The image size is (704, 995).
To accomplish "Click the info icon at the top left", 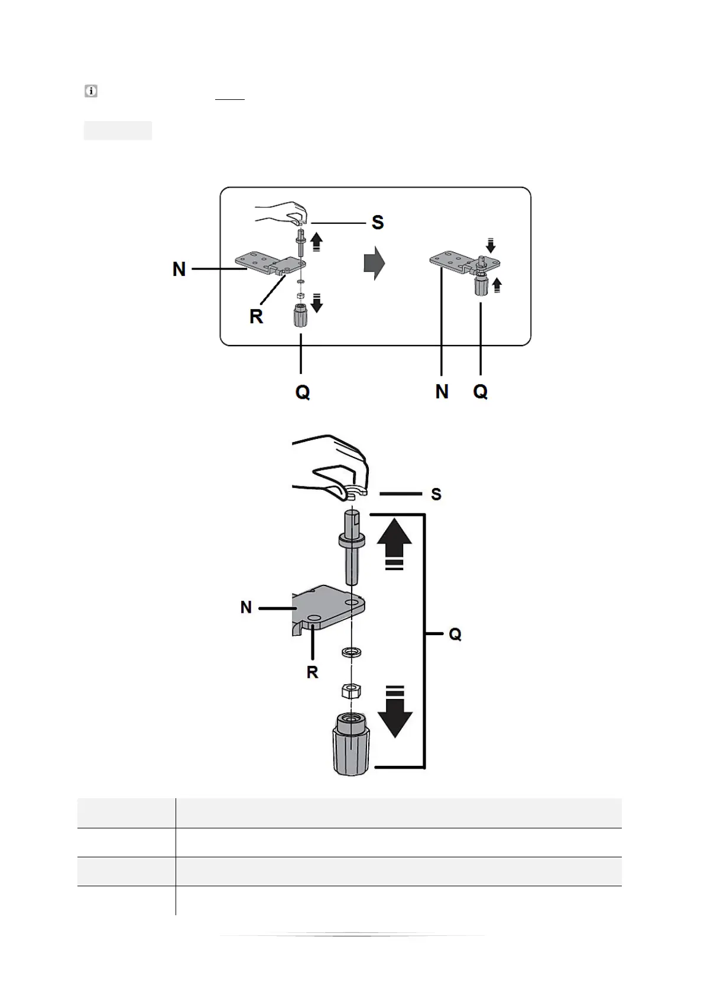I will click(x=91, y=92).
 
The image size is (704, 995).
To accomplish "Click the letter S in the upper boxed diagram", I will click(x=377, y=223).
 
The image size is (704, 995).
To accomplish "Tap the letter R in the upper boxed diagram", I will click(x=256, y=317).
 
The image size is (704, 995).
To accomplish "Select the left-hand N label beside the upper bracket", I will click(x=179, y=269).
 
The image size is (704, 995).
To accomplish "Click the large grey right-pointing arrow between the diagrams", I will click(x=374, y=263).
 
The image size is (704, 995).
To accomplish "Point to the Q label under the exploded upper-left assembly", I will click(x=302, y=392).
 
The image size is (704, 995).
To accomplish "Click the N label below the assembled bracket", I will click(x=442, y=391).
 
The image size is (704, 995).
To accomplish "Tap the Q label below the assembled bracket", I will click(x=481, y=391).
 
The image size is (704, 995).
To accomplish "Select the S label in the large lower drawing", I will click(x=436, y=494).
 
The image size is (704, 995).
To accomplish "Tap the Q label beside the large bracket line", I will click(x=455, y=635).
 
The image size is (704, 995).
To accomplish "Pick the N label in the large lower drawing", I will click(x=246, y=607).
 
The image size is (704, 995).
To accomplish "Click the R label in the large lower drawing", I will click(x=312, y=672).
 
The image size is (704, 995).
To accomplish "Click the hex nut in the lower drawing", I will click(x=352, y=690).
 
